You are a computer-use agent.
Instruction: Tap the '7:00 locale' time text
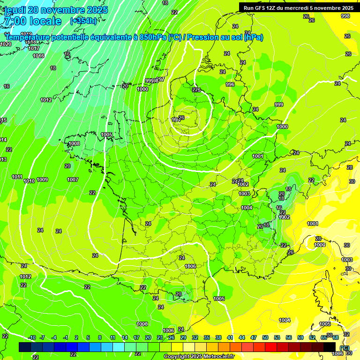pos(32,21)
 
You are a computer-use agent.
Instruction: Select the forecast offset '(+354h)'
pos(83,21)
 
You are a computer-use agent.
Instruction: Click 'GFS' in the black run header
pos(261,7)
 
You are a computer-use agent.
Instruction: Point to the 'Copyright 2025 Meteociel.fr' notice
pos(199,356)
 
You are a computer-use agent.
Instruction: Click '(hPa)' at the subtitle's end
pos(253,37)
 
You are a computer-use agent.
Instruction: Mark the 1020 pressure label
pos(6,44)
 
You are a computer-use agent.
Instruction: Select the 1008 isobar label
pos(74,143)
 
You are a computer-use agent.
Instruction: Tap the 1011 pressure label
pos(17,177)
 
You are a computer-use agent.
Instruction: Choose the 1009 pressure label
pos(42,180)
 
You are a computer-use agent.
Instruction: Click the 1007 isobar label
pos(73,180)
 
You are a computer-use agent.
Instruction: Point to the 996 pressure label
pos(230,84)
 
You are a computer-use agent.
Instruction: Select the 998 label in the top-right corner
pos(345,16)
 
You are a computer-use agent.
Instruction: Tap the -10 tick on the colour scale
pos(32,337)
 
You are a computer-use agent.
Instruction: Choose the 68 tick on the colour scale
pos(336,337)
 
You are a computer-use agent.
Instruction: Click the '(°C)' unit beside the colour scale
pos(344,347)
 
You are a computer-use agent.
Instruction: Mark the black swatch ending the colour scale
pos(330,347)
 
